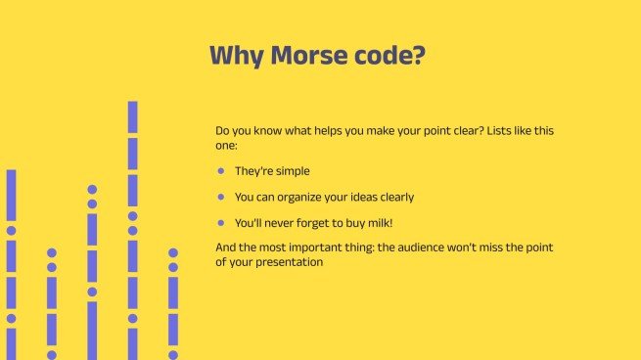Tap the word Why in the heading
point(235,56)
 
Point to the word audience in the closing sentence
point(432,247)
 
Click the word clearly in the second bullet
point(394,197)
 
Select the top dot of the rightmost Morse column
point(173,252)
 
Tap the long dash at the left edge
point(12,195)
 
